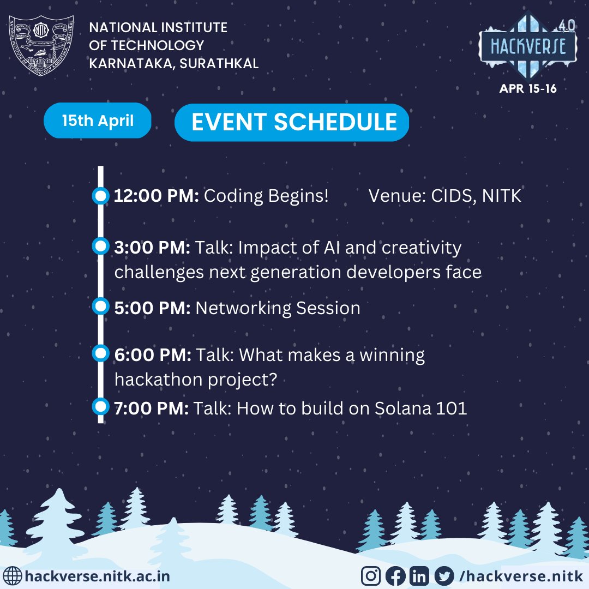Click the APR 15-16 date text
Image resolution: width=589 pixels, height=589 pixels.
pos(528,88)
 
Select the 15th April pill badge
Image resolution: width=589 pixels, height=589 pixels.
pos(98,121)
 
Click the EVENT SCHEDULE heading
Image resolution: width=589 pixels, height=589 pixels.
pos(294,122)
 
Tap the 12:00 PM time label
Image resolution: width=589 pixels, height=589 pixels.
pos(157,196)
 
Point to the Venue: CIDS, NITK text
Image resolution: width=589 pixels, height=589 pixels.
pos(445,196)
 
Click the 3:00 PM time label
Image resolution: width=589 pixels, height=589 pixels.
pos(152,248)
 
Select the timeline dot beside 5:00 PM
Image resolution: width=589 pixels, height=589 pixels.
pos(100,306)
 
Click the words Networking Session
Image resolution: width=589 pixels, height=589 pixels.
pos(278,308)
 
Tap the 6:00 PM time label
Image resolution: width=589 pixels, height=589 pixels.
pos(153,356)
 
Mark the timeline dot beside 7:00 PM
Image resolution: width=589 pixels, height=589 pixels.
pos(100,406)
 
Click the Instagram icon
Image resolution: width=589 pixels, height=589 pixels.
pos(371,576)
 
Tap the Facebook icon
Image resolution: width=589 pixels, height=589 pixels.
pos(395,576)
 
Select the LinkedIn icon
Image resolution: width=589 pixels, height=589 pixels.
pos(420,576)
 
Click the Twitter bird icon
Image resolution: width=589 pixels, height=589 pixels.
pos(444,576)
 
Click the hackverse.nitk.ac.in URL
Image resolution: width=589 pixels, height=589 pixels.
pos(98,576)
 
